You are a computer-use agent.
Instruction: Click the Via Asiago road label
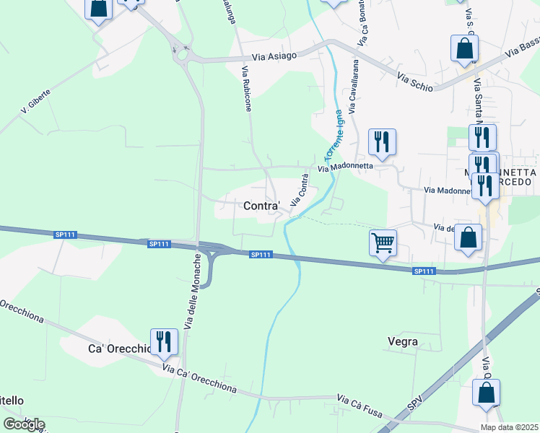[274, 57]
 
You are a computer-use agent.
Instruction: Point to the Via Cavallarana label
[354, 87]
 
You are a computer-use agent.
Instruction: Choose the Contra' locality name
[262, 206]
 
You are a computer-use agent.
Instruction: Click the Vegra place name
[403, 341]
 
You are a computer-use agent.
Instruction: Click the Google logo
[24, 424]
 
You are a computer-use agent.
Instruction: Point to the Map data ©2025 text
[509, 427]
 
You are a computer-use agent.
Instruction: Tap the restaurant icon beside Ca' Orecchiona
[164, 341]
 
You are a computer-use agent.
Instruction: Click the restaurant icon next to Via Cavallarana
[382, 141]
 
